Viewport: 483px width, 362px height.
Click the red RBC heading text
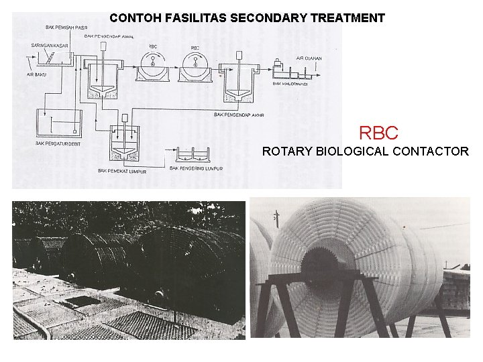click(378, 132)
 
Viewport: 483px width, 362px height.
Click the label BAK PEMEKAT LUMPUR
click(121, 171)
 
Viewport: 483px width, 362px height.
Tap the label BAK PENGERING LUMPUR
click(196, 168)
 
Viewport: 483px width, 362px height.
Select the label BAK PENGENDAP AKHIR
click(239, 115)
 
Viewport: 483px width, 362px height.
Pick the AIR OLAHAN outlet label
click(309, 58)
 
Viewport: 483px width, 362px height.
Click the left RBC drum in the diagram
click(155, 68)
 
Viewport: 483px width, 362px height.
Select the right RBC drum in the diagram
click(195, 68)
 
